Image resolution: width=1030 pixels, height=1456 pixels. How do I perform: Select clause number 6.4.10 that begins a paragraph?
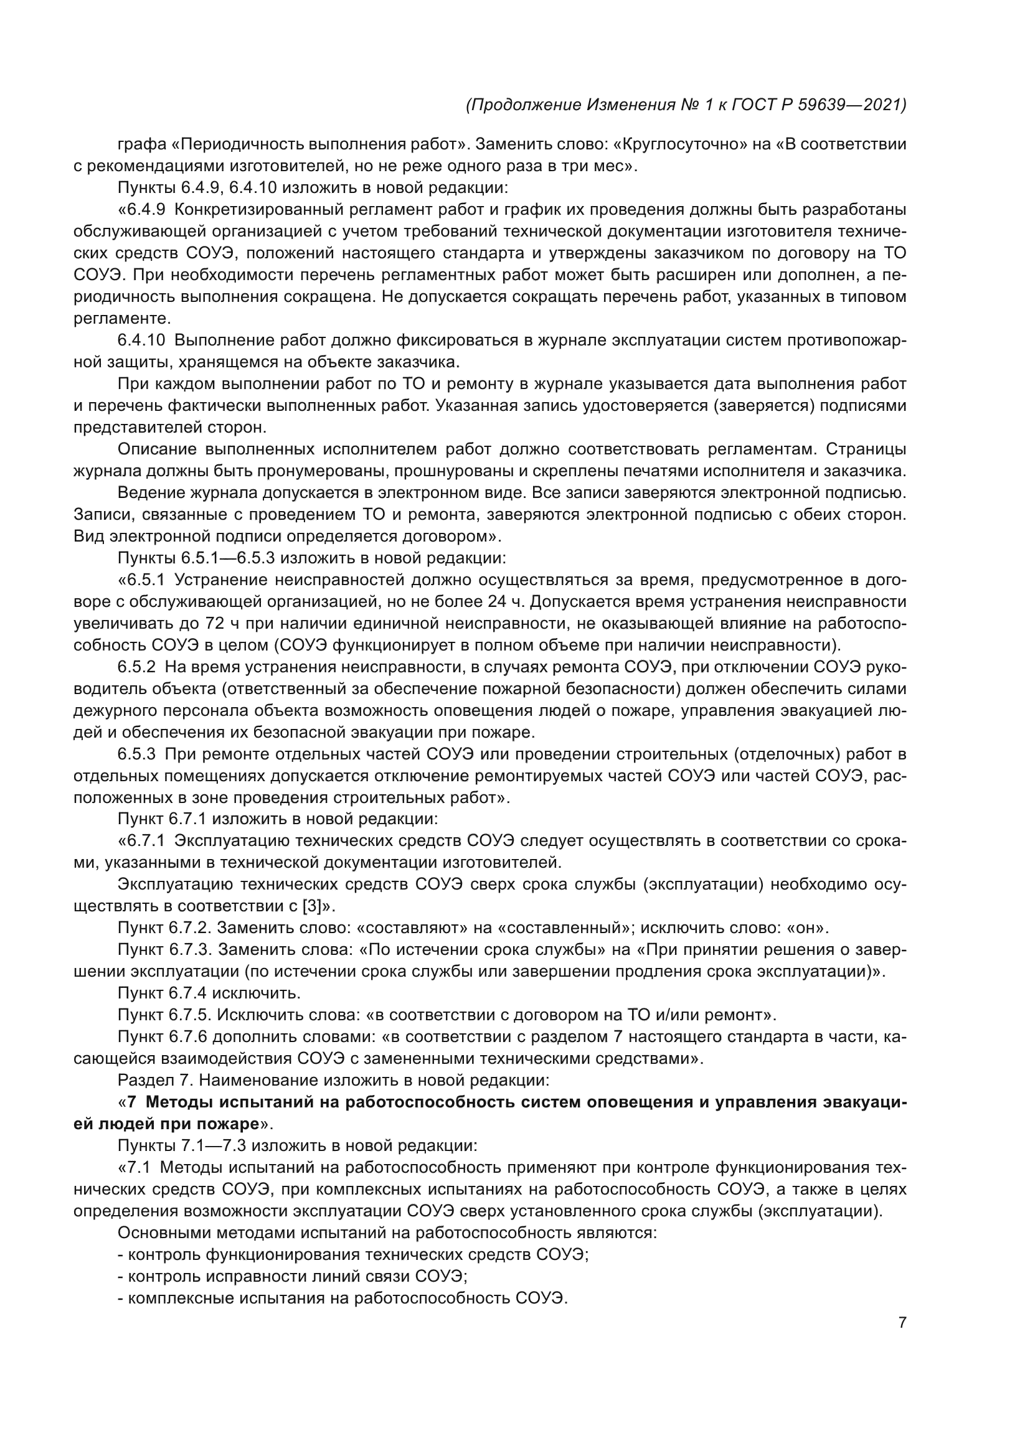click(141, 341)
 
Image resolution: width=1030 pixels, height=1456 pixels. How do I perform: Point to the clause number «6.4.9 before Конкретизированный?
click(141, 210)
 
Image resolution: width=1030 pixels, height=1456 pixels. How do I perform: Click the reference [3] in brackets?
click(313, 906)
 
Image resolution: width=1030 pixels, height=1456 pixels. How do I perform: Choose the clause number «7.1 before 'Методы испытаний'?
click(138, 1167)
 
